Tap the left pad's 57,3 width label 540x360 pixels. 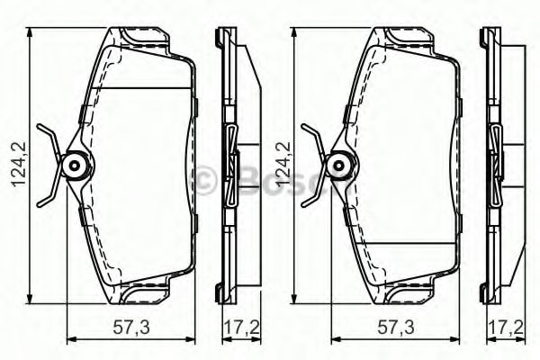[x=131, y=327]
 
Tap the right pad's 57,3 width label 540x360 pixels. [x=395, y=327]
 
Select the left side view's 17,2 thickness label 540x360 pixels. [x=241, y=327]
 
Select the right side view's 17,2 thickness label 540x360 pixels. [x=506, y=327]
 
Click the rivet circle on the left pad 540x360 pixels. [x=75, y=166]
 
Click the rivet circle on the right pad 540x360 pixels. [x=339, y=166]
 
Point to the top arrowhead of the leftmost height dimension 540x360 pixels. [x=30, y=33]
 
